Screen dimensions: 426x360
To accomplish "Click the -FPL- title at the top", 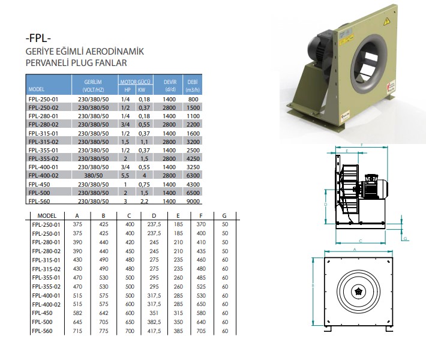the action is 38,38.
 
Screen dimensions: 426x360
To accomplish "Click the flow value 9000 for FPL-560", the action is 193,202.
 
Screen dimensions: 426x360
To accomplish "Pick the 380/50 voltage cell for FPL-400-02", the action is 93,176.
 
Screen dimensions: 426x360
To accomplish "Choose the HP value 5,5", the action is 125,176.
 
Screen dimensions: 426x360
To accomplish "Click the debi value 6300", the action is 193,176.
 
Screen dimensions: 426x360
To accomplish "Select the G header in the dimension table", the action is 224,216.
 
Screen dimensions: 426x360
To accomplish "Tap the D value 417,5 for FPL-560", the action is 154,331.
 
